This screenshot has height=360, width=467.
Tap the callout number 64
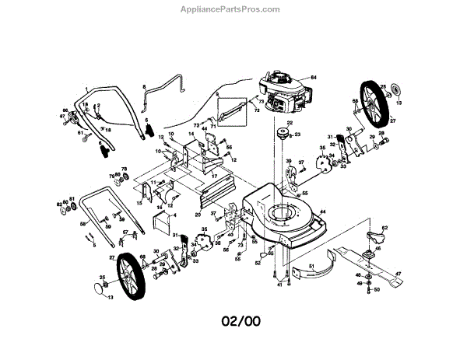pyautogui.click(x=315, y=78)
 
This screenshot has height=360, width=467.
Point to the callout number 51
pyautogui.click(x=311, y=267)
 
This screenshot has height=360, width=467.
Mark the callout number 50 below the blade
pyautogui.click(x=376, y=290)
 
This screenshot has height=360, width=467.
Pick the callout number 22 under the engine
pyautogui.click(x=289, y=123)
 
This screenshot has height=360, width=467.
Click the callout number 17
pyautogui.click(x=214, y=177)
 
